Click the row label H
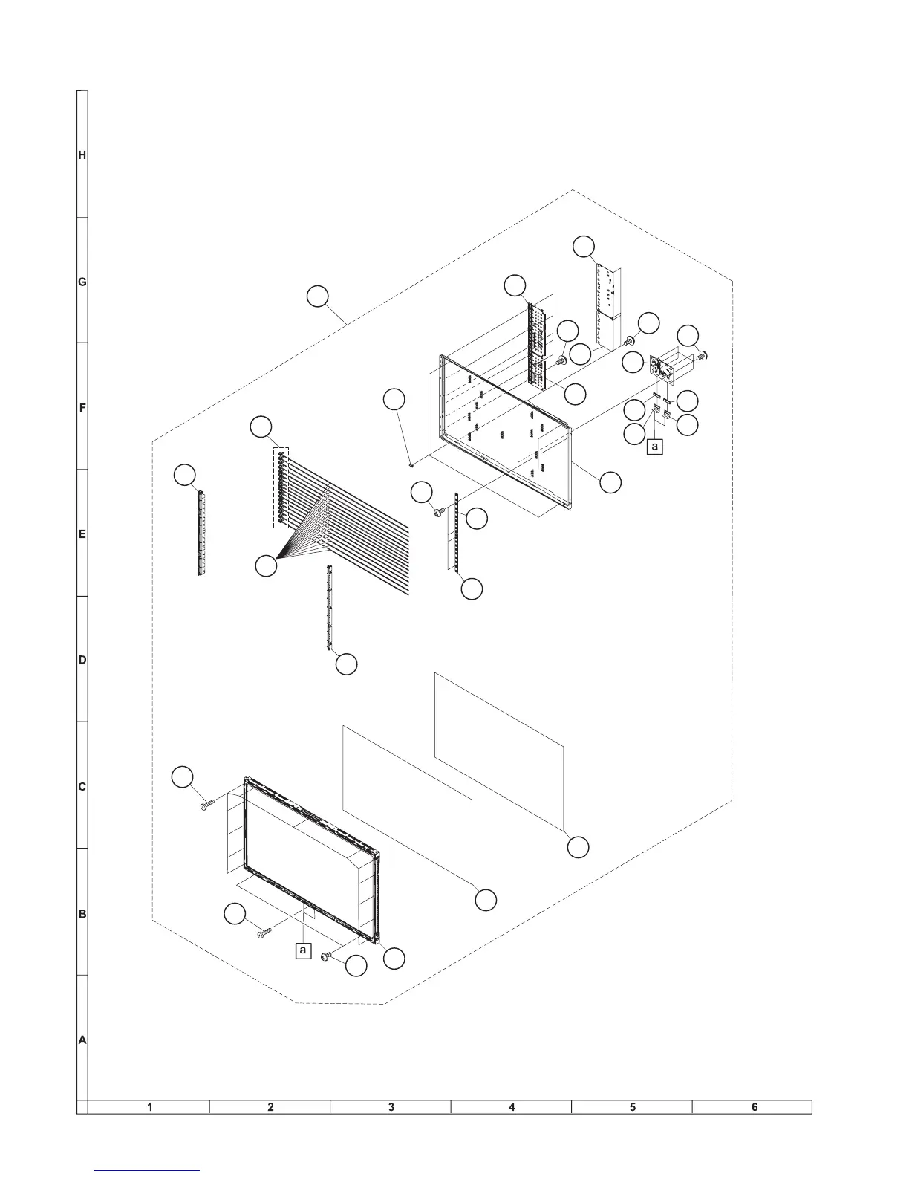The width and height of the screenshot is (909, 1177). pos(82,155)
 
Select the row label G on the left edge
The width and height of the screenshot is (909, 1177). pos(82,282)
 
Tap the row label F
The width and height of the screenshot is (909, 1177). pos(82,408)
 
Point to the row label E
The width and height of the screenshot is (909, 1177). pos(82,534)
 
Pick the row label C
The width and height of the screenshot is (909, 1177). pos(82,787)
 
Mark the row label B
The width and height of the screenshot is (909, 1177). pos(82,914)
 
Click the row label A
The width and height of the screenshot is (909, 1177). pos(82,1040)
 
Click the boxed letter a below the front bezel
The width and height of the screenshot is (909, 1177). pos(302,950)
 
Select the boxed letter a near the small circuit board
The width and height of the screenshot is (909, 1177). pos(654,447)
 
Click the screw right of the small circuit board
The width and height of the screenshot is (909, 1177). pos(700,357)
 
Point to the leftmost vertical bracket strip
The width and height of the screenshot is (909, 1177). pos(200,533)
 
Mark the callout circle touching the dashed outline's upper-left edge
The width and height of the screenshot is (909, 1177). pos(317,296)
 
